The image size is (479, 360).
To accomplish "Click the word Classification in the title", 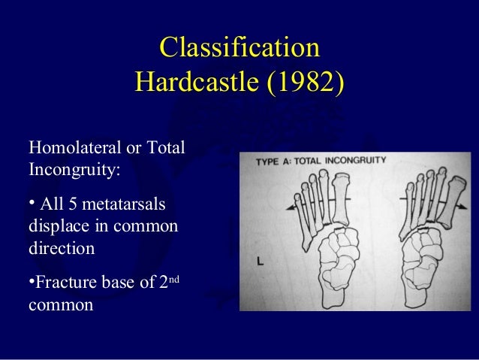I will click(239, 48).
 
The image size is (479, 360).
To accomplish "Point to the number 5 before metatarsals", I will click(70, 205).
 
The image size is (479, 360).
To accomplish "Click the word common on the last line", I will click(60, 306).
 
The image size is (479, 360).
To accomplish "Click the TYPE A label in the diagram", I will click(275, 162).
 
